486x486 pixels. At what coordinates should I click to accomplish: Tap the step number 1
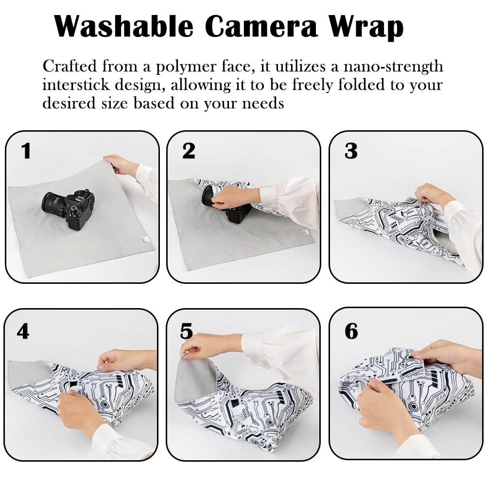point(26,151)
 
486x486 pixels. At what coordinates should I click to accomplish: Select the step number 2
point(189,151)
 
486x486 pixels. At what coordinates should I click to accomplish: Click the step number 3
point(351,151)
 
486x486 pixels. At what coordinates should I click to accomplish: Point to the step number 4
point(23,331)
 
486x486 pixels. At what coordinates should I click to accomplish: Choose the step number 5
point(187,331)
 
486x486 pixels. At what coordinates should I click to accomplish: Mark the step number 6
point(351,331)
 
